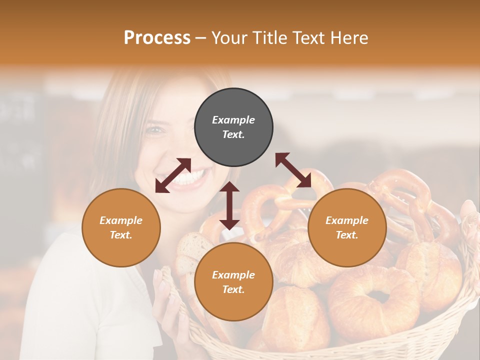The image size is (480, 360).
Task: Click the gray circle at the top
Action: click(233, 127)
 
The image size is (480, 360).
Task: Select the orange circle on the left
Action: click(121, 227)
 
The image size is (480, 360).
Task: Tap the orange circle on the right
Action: click(347, 227)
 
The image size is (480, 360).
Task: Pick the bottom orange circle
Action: click(233, 281)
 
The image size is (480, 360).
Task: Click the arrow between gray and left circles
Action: click(173, 175)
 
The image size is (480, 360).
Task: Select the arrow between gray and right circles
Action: click(293, 170)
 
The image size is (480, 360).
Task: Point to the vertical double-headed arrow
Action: click(229, 205)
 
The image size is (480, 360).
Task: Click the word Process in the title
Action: click(157, 37)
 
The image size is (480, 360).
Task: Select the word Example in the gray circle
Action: click(233, 120)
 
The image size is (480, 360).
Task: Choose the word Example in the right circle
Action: click(347, 220)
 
